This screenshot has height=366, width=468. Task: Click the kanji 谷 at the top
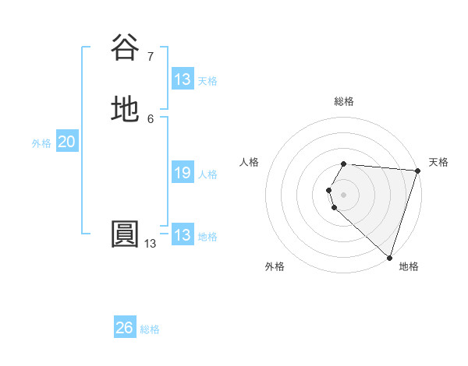(x=125, y=48)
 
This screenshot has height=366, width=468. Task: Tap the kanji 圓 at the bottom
(x=125, y=234)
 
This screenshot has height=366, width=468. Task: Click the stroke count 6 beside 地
(x=150, y=118)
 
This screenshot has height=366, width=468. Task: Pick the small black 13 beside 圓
(x=150, y=244)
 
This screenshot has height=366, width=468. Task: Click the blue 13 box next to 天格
(x=183, y=79)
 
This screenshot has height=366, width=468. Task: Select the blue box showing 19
(x=183, y=173)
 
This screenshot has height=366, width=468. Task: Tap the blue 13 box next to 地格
(x=183, y=235)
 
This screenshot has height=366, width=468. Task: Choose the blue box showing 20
(x=66, y=142)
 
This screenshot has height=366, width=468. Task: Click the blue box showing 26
(x=125, y=328)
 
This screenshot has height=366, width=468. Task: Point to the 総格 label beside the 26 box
(x=150, y=329)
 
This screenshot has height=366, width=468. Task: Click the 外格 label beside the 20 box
(x=41, y=143)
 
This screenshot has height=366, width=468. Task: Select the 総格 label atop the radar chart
(x=343, y=101)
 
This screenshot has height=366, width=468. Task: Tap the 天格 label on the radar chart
(x=438, y=162)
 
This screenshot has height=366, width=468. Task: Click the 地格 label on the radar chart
(x=409, y=266)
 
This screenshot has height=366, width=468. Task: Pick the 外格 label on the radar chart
(x=275, y=266)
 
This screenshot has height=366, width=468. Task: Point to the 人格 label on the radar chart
(x=249, y=162)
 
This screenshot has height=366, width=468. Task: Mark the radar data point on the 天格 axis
(x=417, y=171)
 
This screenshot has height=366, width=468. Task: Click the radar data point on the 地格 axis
(x=389, y=257)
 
